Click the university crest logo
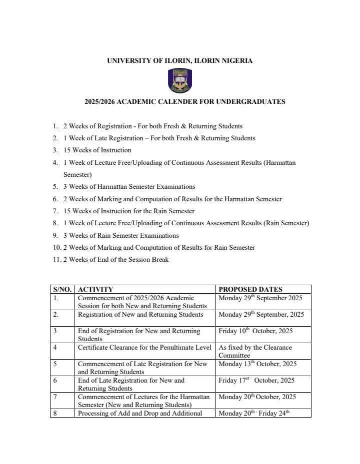coord(180,80)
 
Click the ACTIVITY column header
coord(95,289)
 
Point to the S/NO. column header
coord(62,289)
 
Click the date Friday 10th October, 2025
coord(255,331)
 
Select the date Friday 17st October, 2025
coord(256,381)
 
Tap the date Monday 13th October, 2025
coord(257,364)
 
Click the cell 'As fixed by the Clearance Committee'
coord(255,351)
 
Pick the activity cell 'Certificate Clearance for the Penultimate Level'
coord(144,348)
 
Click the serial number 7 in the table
coord(55,397)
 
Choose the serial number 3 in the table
coord(55,331)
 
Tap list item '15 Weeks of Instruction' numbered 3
coord(97,150)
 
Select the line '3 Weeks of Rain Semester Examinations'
coord(120,236)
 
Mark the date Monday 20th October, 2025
coord(257,397)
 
